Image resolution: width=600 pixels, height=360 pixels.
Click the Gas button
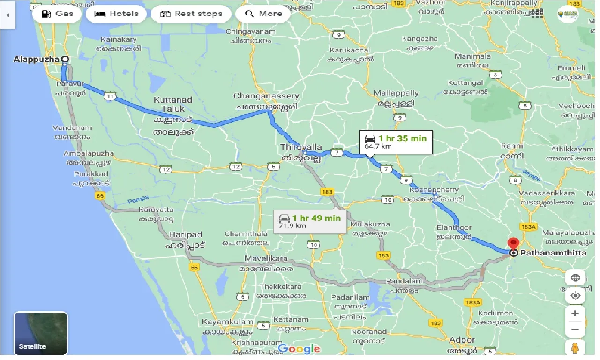(57, 14)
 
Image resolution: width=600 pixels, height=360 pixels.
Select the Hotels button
(117, 14)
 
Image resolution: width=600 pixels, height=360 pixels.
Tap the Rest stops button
(191, 14)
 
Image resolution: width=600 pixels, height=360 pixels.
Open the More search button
(264, 14)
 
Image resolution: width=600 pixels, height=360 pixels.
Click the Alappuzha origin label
(37, 60)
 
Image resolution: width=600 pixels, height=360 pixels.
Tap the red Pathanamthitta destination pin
(514, 244)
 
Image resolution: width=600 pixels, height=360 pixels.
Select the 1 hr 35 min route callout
(396, 142)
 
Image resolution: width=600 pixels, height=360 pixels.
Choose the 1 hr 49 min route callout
(309, 221)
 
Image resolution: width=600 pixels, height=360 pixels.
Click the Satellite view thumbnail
(41, 333)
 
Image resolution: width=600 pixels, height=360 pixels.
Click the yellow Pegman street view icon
(575, 348)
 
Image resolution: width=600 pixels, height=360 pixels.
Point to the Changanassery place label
(265, 96)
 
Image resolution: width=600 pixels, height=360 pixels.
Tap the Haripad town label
(186, 234)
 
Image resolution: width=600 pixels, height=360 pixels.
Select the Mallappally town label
(396, 93)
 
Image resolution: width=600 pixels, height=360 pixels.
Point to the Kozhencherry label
(434, 190)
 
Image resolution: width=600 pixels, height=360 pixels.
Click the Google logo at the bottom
(299, 349)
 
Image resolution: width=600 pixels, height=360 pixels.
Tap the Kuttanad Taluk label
(173, 105)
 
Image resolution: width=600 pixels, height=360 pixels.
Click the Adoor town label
(462, 340)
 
